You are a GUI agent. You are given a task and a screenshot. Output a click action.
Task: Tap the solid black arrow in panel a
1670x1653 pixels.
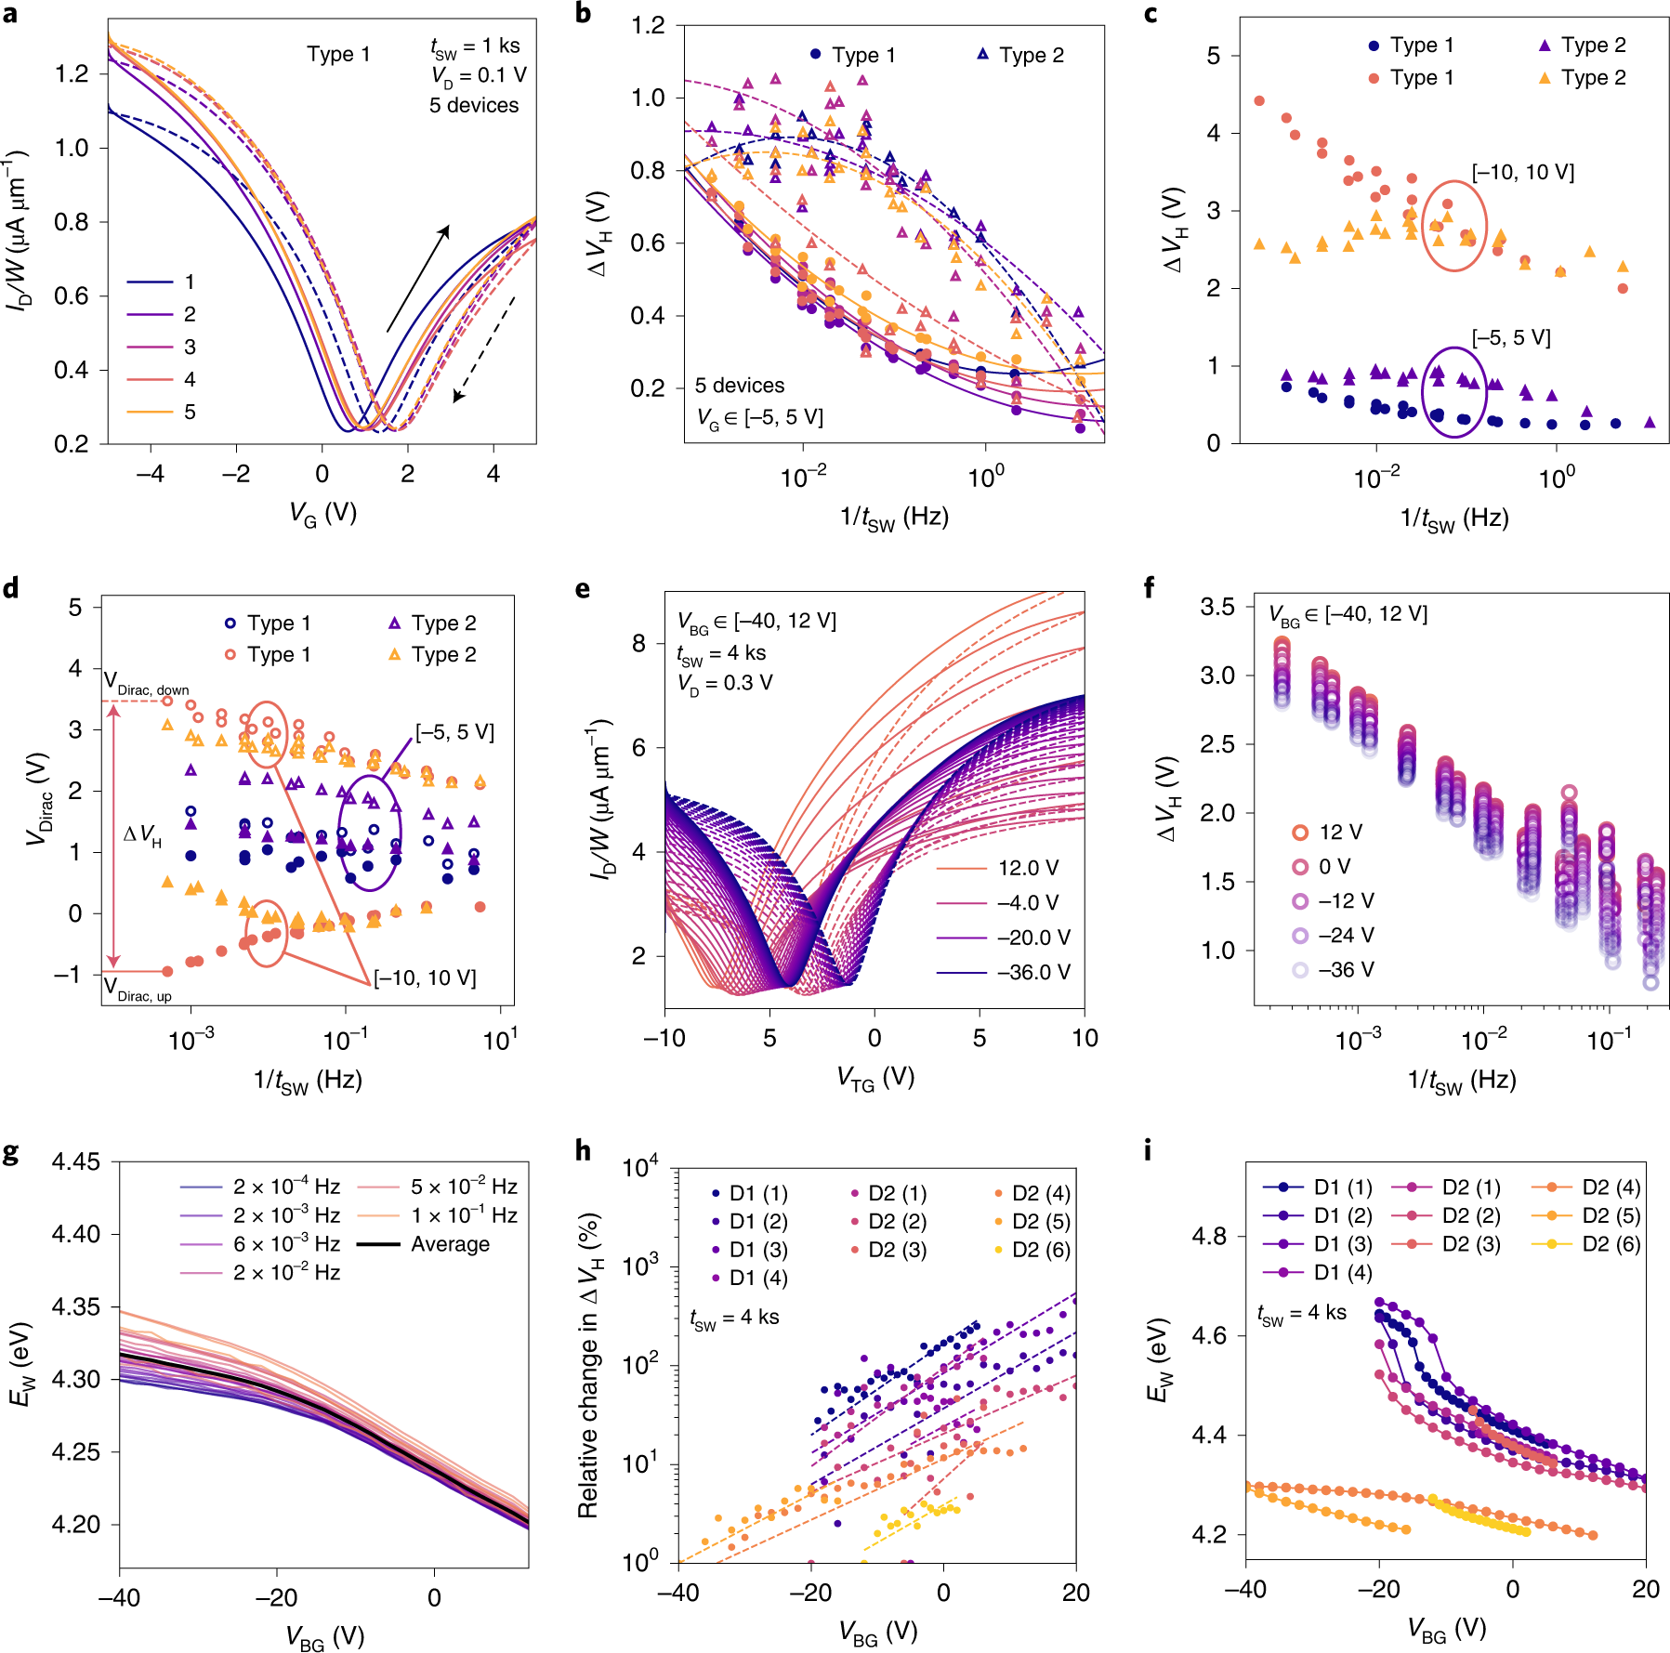point(418,279)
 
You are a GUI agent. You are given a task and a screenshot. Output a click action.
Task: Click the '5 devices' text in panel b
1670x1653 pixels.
point(740,385)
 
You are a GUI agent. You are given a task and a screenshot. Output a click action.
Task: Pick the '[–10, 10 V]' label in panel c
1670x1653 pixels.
point(1522,173)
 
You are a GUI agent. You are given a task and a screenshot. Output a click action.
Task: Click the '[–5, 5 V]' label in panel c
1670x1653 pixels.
point(1511,337)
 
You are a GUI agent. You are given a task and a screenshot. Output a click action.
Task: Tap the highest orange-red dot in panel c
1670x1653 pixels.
point(1259,100)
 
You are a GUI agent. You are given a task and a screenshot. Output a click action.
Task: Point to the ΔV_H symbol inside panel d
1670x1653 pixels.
point(142,836)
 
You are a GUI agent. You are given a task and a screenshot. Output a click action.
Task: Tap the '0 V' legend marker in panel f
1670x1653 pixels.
point(1300,867)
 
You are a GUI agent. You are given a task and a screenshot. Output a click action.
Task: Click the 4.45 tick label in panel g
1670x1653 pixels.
point(76,1162)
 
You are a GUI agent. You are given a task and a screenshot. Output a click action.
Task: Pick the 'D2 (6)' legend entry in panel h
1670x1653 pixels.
point(1032,1250)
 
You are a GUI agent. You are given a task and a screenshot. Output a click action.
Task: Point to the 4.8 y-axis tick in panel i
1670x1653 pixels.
point(1209,1236)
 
